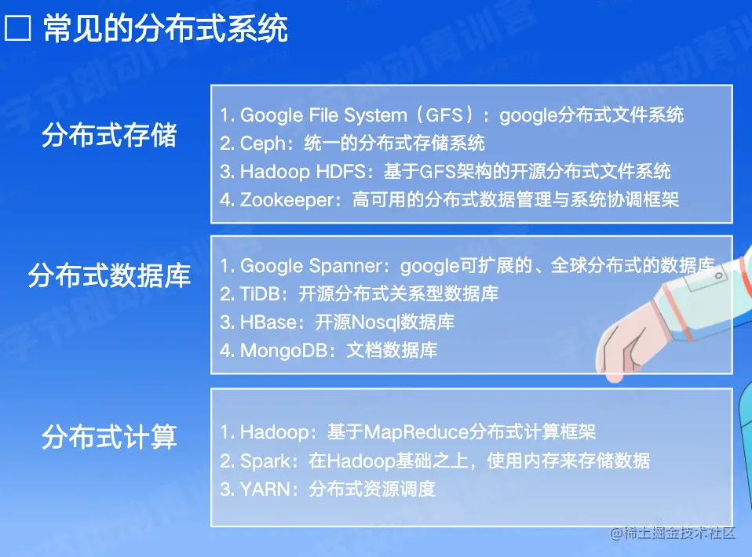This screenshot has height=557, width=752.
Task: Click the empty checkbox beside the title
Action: coord(18,27)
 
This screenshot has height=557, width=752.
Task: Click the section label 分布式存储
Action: coord(109,135)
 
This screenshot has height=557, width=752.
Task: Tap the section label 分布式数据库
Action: coord(109,275)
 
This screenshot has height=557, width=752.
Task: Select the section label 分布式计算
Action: coord(109,437)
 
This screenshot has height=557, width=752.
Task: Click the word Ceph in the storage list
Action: coord(263,144)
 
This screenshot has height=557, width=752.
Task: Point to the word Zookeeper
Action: coord(287,200)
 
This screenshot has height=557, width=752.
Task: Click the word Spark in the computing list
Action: coord(265,461)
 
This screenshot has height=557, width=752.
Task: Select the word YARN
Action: coord(265,490)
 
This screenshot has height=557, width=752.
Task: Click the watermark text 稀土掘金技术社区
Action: coord(673,533)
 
